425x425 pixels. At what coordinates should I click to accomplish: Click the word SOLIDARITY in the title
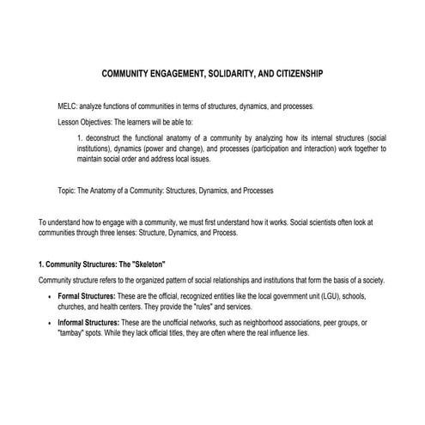coord(224,75)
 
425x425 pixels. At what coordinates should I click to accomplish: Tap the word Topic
coord(65,190)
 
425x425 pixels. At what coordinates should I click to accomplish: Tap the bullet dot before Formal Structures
coord(47,296)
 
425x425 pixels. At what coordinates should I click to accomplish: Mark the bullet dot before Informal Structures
coord(47,322)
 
